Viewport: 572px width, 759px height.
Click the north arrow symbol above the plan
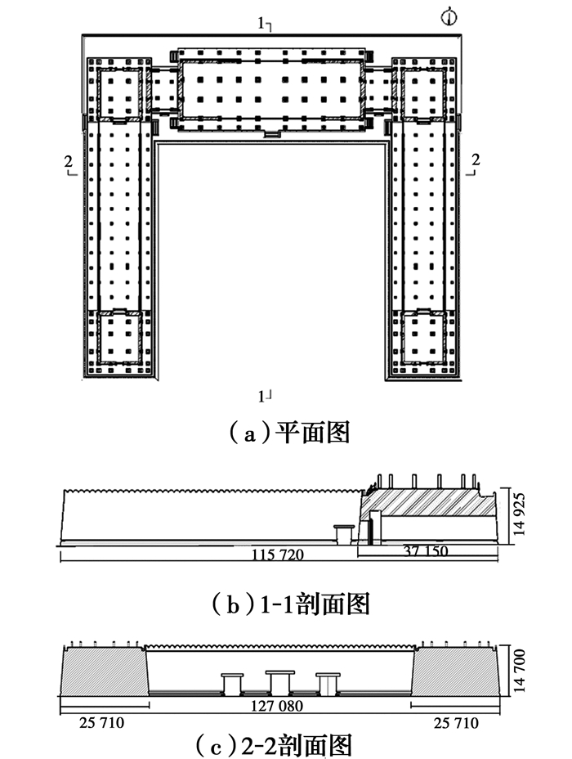[x=447, y=16]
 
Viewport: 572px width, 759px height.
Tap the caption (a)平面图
[x=286, y=431]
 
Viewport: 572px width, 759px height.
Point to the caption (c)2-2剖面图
[x=286, y=746]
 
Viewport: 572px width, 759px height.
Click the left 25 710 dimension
[x=96, y=725]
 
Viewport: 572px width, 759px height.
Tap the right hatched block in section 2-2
[x=454, y=669]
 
